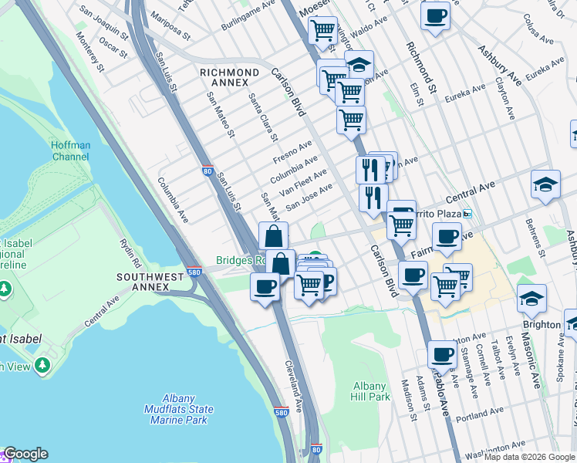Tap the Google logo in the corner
[25, 455]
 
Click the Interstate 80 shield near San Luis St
[208, 171]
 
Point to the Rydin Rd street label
[127, 248]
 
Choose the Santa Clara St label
[263, 117]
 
